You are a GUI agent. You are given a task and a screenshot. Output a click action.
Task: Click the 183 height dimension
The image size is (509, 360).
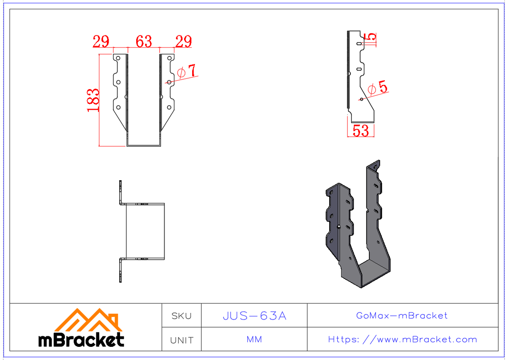[93, 100]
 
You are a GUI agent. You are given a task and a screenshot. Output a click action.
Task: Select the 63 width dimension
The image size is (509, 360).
[144, 42]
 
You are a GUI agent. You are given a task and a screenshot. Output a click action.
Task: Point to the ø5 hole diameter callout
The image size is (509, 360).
[377, 88]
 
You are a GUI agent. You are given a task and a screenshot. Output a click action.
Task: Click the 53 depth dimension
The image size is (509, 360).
[361, 131]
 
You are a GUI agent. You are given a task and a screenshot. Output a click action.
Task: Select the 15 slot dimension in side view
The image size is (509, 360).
[371, 37]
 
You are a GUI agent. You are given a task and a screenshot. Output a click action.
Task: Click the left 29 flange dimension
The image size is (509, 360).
[101, 42]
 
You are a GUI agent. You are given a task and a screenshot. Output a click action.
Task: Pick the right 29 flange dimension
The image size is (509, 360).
[183, 42]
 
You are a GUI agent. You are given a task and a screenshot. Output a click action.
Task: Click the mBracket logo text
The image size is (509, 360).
[81, 340]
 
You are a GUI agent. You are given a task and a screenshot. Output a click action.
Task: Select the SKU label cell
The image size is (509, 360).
[182, 316]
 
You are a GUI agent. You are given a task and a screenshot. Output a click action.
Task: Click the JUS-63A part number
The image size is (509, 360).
[255, 316]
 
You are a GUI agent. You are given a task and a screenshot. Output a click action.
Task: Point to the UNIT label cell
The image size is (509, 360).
[182, 340]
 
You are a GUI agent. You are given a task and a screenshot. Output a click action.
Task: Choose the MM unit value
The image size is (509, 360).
[254, 340]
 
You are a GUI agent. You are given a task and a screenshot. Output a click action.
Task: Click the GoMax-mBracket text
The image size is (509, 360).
[402, 315]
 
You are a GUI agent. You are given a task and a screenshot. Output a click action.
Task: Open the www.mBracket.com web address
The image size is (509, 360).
[403, 340]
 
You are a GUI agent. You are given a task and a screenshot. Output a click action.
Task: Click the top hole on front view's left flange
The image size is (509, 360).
[119, 58]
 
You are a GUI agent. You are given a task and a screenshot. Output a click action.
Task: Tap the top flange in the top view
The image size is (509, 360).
[120, 192]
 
